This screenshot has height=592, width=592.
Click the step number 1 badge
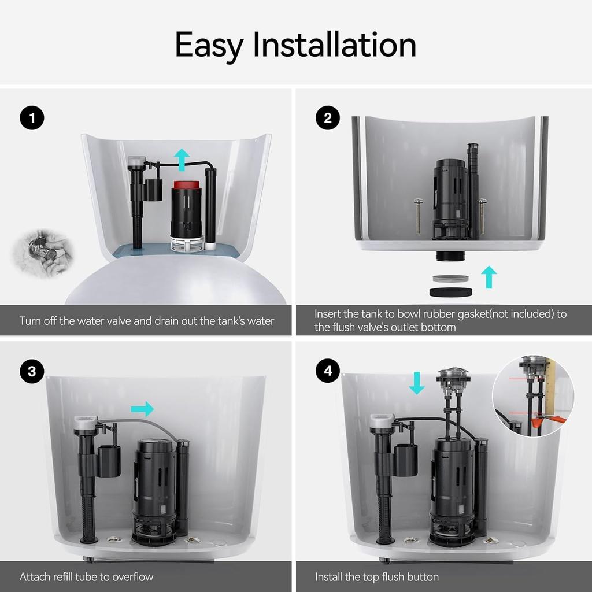[x=32, y=119]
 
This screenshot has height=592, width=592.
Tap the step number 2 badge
[x=327, y=119]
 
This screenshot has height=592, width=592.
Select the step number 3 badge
[x=32, y=371]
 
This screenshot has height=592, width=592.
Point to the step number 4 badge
[x=327, y=371]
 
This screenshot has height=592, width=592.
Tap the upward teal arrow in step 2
[x=489, y=277]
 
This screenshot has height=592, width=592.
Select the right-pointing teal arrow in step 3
[x=142, y=409]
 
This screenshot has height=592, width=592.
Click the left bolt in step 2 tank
[x=418, y=216]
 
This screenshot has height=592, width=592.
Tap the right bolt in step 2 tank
[x=482, y=216]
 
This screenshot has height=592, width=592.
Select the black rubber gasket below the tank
[x=450, y=292]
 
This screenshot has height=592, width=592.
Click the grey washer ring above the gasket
[x=450, y=279]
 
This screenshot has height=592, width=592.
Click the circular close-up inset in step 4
[x=532, y=395]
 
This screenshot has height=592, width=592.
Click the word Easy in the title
[x=209, y=45]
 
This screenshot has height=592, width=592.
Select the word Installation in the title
[x=334, y=45]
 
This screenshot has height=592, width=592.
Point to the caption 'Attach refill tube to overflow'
[x=87, y=576]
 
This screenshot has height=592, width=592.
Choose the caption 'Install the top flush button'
[x=377, y=576]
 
